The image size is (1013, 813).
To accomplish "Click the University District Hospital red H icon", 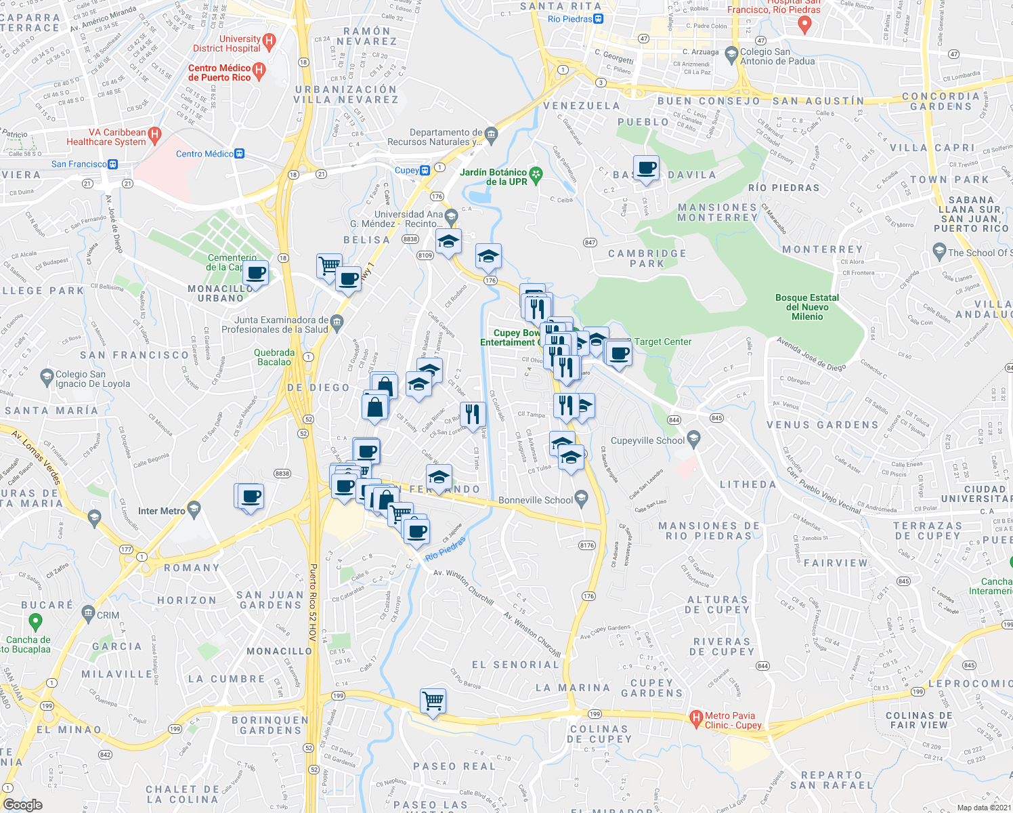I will click(x=269, y=42).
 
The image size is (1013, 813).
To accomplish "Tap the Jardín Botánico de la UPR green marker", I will click(x=536, y=175).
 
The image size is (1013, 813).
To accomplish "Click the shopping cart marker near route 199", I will click(x=433, y=701).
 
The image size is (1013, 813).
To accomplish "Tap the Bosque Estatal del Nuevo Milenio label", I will click(x=807, y=307).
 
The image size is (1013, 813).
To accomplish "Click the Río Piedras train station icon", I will click(x=598, y=19).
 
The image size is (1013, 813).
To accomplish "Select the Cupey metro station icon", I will click(x=425, y=170).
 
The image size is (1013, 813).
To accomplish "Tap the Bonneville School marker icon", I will click(x=581, y=499).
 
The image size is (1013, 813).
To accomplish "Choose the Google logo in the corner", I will click(x=23, y=804).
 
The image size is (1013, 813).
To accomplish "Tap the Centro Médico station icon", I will click(x=239, y=154).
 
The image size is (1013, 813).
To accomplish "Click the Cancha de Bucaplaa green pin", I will click(x=36, y=621).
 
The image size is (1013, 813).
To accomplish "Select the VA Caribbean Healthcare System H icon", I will click(x=154, y=135).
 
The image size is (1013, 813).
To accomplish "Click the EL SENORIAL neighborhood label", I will click(x=516, y=665).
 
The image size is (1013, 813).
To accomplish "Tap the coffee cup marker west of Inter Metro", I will click(x=250, y=497).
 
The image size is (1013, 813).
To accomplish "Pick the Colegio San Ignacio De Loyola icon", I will click(x=47, y=375).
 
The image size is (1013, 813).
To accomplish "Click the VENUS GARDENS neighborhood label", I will click(x=822, y=425).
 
